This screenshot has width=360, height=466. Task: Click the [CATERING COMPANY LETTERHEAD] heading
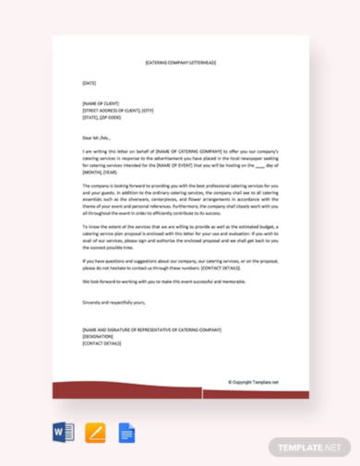tap(180, 63)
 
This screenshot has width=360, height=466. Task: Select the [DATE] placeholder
tap(89, 83)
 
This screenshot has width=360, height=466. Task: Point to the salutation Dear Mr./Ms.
tap(98, 137)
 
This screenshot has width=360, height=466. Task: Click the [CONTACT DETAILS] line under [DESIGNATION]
tap(102, 343)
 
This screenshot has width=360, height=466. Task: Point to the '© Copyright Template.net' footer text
tap(253, 381)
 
